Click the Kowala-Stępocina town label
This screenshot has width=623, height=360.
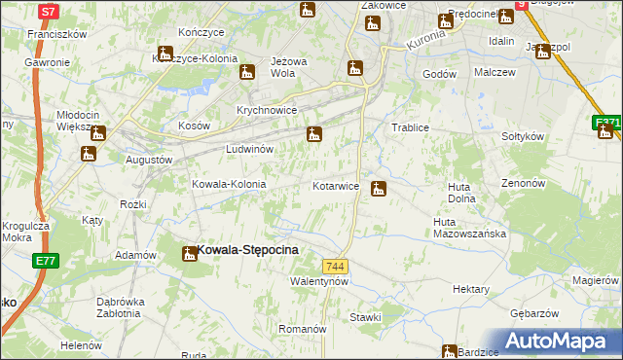(247, 250)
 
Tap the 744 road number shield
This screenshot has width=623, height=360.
(336, 267)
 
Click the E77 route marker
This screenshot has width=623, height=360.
(45, 261)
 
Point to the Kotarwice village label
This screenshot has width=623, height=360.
(336, 185)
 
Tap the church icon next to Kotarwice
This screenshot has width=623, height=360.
(379, 188)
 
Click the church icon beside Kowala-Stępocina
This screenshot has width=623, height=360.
(188, 254)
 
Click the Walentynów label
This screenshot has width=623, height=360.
(319, 281)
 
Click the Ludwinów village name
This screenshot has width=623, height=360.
(249, 149)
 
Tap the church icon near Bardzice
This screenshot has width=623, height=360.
(449, 351)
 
